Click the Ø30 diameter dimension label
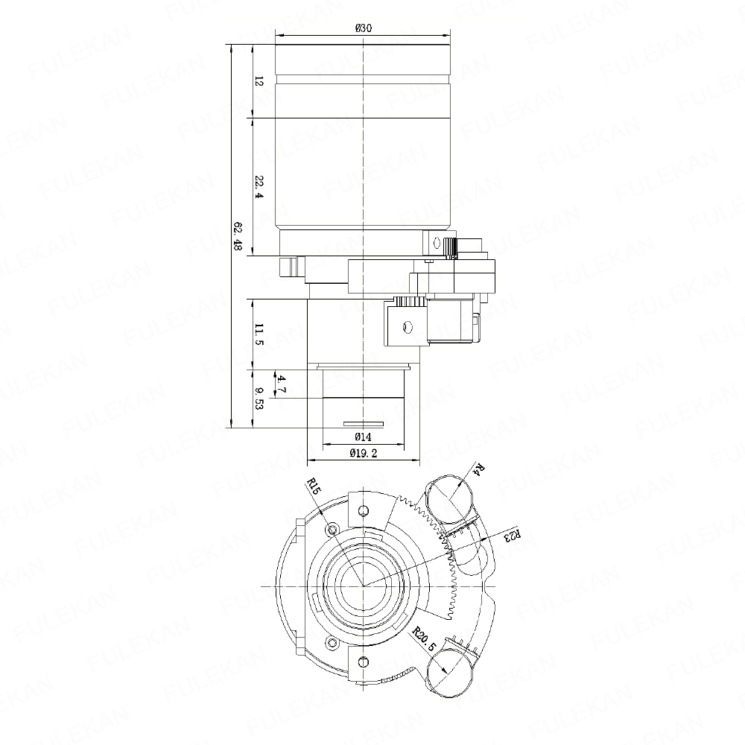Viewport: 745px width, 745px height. tap(363, 28)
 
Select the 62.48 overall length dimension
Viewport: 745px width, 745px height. tap(238, 235)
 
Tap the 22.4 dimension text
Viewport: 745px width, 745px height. tap(259, 187)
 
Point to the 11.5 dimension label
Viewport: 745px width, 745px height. tap(259, 335)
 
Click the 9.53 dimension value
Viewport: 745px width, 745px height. tap(259, 398)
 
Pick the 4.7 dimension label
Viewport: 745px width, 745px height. tap(282, 384)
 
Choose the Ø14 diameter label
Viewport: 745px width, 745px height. tap(363, 437)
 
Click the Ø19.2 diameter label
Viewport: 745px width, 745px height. tap(363, 453)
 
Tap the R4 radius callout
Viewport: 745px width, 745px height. tap(480, 470)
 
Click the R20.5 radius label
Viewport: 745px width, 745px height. tap(423, 639)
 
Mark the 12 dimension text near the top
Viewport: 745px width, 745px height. tap(259, 82)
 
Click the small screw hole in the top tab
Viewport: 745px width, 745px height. tap(364, 511)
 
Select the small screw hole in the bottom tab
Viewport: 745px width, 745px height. tap(364, 661)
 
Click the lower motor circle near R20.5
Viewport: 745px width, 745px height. tap(451, 673)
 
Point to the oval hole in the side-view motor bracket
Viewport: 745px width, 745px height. tap(407, 327)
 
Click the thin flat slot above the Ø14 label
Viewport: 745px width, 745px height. tap(363, 423)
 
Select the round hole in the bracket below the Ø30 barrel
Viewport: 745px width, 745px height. tap(434, 243)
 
